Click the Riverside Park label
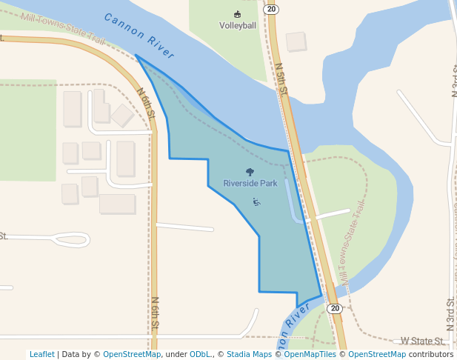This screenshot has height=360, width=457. [250, 183]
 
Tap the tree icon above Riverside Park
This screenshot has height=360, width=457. [250, 172]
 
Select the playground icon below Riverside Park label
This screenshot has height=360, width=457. [256, 201]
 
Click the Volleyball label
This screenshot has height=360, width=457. [237, 25]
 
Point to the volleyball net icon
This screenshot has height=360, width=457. [237, 14]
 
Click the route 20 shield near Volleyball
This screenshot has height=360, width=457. [271, 9]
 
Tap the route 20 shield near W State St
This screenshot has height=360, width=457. [335, 308]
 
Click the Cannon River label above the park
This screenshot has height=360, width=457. [139, 36]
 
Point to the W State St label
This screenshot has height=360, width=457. [423, 341]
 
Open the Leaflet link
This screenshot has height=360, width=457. [41, 354]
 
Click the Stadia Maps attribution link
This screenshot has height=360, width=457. [249, 354]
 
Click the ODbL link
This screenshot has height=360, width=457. [200, 354]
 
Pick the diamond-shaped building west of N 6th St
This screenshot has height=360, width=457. [121, 115]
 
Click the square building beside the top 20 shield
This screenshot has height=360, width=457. [296, 41]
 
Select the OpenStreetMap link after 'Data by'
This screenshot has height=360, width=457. [132, 354]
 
